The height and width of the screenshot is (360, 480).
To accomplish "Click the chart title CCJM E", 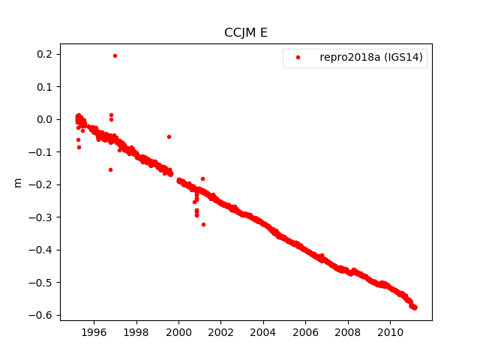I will pos(246,32).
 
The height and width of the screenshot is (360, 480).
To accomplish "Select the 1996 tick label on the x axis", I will pos(94,331).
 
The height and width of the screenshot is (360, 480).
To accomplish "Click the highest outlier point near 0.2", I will pos(115,55).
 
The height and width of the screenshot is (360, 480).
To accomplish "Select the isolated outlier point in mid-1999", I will pos(169,136).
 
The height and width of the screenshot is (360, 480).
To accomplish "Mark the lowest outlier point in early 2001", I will pos(203,224).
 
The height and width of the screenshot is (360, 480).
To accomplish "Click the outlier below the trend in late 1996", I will pos(110,169).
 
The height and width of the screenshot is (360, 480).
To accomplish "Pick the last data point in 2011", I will pos(415,307).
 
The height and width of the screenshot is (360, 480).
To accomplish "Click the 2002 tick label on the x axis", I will pos(220,331).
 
